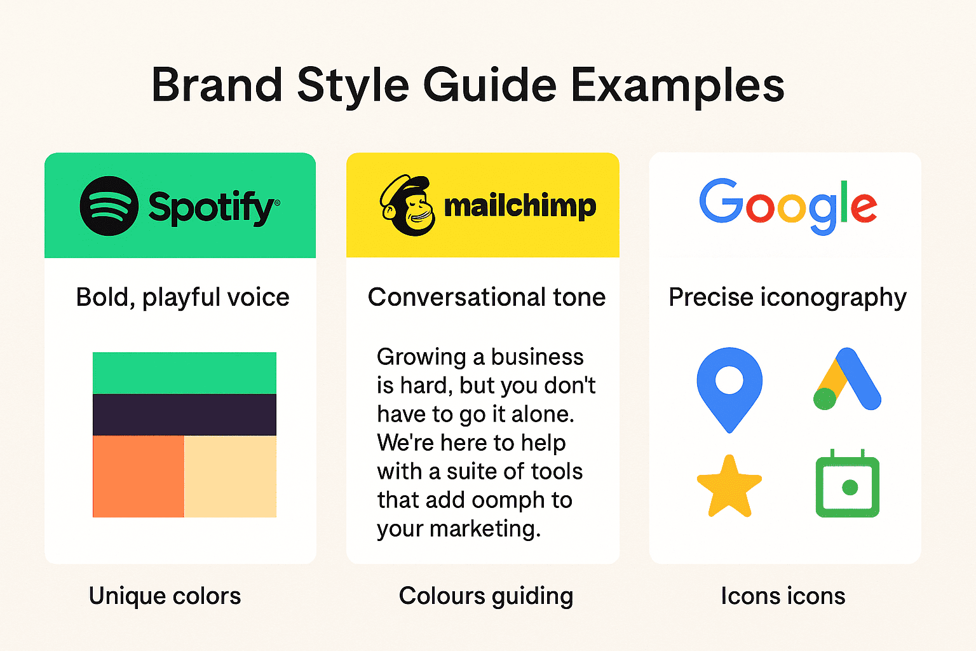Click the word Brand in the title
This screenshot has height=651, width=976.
(217, 85)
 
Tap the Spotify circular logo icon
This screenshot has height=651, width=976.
(109, 206)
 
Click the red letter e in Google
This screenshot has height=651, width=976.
(864, 207)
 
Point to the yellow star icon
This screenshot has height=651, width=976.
(729, 487)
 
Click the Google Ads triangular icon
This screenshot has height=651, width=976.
(847, 380)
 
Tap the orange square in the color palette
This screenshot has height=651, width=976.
(139, 476)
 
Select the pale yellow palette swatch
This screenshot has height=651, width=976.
(230, 476)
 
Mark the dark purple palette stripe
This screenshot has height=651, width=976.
(184, 415)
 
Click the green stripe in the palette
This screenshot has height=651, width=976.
(184, 373)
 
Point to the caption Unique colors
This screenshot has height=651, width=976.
(165, 596)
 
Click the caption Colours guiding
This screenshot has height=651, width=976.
(486, 596)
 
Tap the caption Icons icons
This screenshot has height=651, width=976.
(783, 596)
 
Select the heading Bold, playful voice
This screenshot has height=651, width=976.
(182, 298)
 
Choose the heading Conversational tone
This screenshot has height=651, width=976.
(487, 298)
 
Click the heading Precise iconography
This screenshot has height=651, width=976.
(787, 298)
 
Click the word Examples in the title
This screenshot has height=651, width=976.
(677, 85)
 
